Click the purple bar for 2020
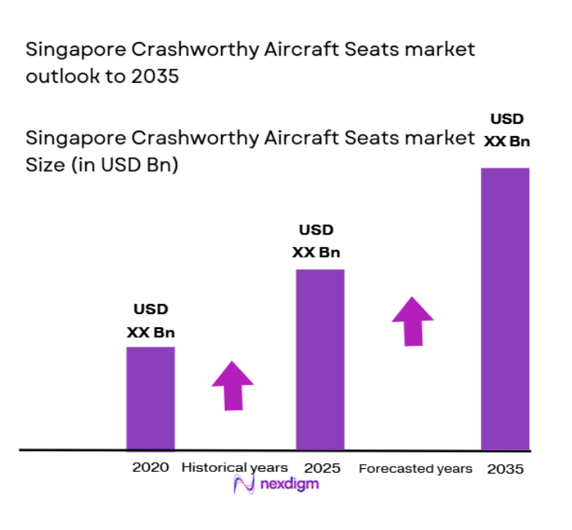click(150, 397)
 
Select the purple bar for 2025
click(320, 358)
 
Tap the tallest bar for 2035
click(505, 308)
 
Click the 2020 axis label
click(150, 467)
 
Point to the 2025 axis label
click(322, 467)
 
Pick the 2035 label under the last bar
click(506, 469)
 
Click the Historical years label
click(234, 467)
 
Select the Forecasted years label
click(415, 469)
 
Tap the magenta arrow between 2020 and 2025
click(233, 385)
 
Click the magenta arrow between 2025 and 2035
click(412, 320)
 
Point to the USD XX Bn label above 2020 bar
click(150, 321)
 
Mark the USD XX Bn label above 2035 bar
click(507, 130)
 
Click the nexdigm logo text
click(289, 484)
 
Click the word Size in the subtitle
click(45, 165)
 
